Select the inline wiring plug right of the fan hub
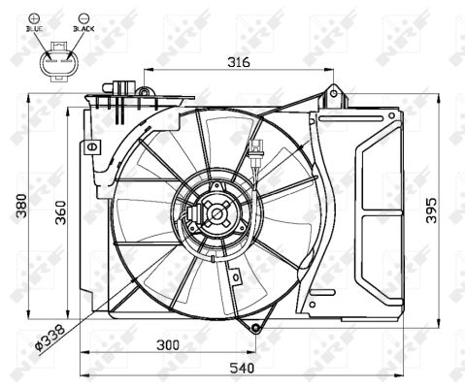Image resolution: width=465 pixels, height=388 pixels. click(254, 150)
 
